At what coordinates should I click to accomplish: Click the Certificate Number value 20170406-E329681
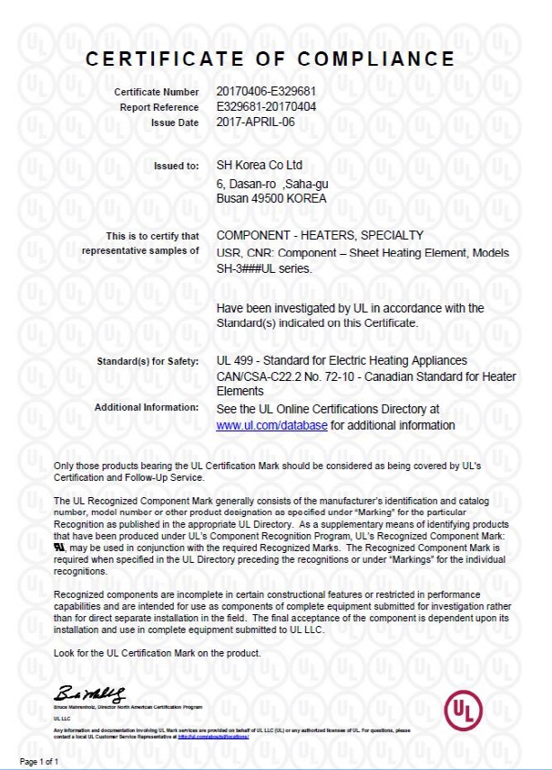tap(265, 92)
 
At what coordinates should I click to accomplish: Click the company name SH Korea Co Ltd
tap(260, 166)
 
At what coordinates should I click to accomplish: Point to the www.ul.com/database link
tap(272, 425)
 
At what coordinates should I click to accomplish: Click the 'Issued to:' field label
tap(177, 166)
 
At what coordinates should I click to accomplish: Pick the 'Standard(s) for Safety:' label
tap(148, 362)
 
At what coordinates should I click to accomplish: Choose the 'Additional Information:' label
tap(146, 408)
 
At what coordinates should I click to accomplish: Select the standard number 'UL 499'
tap(235, 361)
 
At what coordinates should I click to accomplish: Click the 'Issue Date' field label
tap(175, 122)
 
